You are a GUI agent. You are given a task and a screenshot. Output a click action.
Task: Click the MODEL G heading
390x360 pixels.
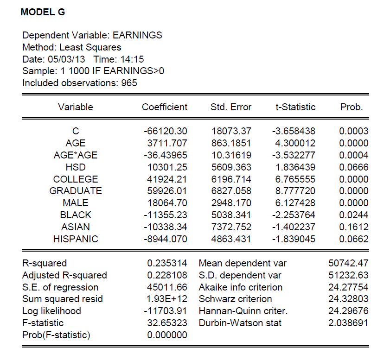[43, 13]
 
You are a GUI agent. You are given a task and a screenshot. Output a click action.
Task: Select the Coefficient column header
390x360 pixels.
[165, 107]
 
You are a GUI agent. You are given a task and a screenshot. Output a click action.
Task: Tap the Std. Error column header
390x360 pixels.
[230, 107]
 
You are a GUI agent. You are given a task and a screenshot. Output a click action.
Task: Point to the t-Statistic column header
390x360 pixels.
[295, 107]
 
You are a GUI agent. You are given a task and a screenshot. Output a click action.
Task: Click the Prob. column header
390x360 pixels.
[352, 107]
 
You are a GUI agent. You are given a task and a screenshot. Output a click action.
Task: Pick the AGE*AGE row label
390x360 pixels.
[76, 155]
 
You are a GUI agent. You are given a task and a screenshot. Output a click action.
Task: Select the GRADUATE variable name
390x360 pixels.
[76, 191]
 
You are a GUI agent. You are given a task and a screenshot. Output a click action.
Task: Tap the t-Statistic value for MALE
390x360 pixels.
[296, 203]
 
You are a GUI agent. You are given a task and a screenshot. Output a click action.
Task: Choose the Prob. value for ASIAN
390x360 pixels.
[354, 227]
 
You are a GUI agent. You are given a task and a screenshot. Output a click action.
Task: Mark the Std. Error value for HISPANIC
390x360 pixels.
[231, 239]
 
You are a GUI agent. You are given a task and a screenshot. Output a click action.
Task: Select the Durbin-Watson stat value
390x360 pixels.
[348, 323]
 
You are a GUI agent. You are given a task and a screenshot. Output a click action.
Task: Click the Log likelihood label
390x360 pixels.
[51, 311]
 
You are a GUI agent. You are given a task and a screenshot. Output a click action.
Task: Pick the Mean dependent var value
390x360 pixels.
[348, 263]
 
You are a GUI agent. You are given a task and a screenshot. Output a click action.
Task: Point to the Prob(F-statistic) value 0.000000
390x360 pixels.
[167, 335]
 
